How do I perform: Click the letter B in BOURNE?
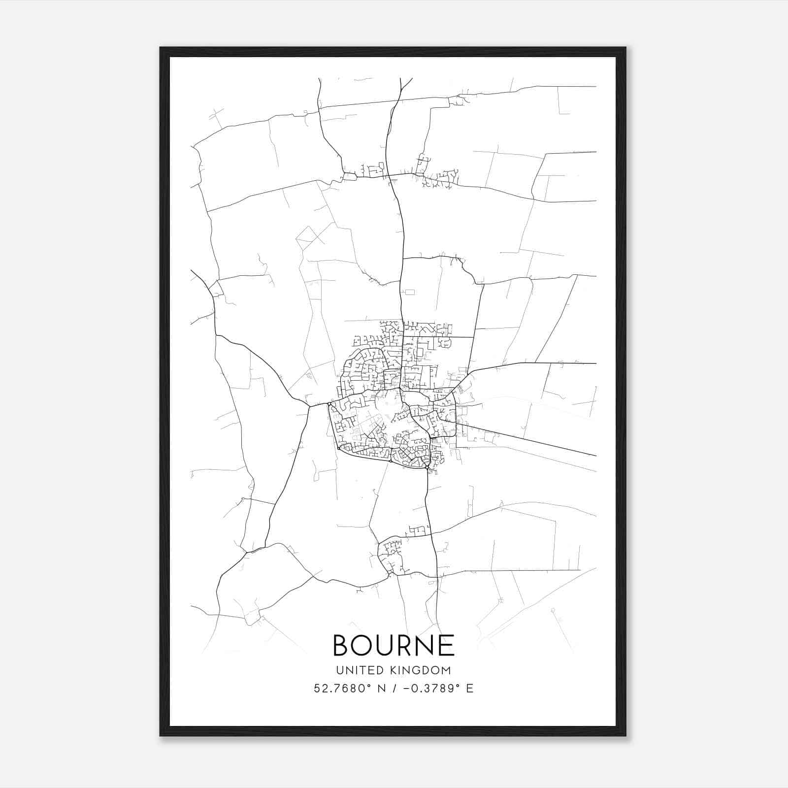click(343, 645)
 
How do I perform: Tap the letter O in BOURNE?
click(365, 645)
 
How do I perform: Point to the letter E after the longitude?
click(470, 689)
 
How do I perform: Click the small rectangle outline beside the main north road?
click(409, 292)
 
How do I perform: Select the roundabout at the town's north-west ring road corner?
click(329, 404)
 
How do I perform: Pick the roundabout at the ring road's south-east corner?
click(427, 468)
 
